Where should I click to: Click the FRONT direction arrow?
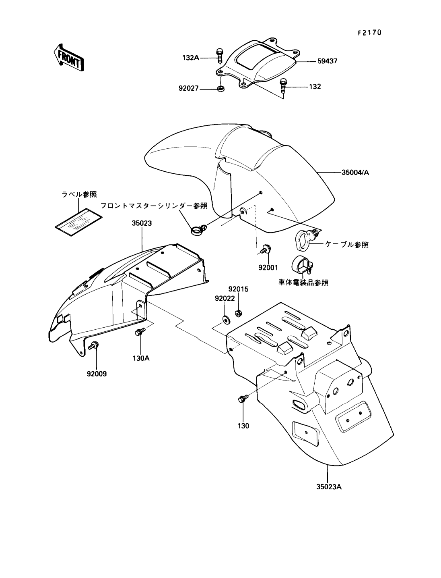coord(68,58)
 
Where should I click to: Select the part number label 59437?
coord(327,61)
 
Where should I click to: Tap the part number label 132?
coord(315,87)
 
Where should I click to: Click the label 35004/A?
coord(355,173)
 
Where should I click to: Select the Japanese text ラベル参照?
coord(79,195)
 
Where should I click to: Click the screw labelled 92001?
coord(266,249)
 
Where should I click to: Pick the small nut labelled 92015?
coord(238,313)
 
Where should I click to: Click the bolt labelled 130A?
coord(140,331)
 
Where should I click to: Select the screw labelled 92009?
coord(94,345)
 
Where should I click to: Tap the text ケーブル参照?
coord(347,245)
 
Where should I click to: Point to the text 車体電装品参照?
coord(303,283)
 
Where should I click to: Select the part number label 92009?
coord(97,374)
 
